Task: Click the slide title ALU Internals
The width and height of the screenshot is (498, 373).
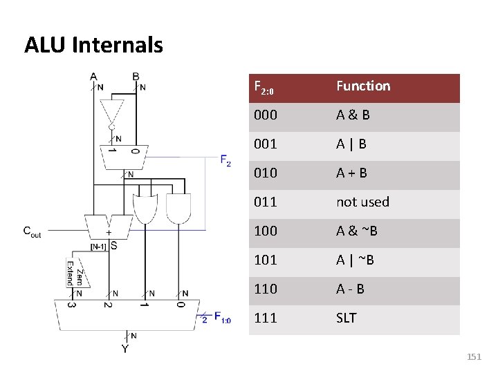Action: coord(93,46)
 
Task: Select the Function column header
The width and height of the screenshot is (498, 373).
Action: coord(363,86)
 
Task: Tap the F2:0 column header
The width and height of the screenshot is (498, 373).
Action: coord(265,88)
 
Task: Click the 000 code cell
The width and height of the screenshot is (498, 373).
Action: coord(266,115)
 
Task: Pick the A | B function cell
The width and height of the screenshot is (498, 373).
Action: coord(351,144)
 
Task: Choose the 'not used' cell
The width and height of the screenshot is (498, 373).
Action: coord(362,202)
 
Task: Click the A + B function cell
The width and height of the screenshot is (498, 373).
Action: coord(351,173)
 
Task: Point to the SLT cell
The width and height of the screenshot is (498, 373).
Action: coord(347,318)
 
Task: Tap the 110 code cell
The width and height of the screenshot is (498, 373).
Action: coord(266,289)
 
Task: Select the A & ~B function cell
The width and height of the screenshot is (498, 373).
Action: coord(357,231)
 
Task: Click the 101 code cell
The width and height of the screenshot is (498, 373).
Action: coord(266,260)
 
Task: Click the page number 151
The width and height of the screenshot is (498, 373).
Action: coord(474,357)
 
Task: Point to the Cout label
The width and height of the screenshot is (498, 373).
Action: coord(32,232)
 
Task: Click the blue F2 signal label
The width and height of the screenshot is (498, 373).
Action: coord(225,161)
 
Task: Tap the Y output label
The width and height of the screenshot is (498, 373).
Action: coord(125,350)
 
